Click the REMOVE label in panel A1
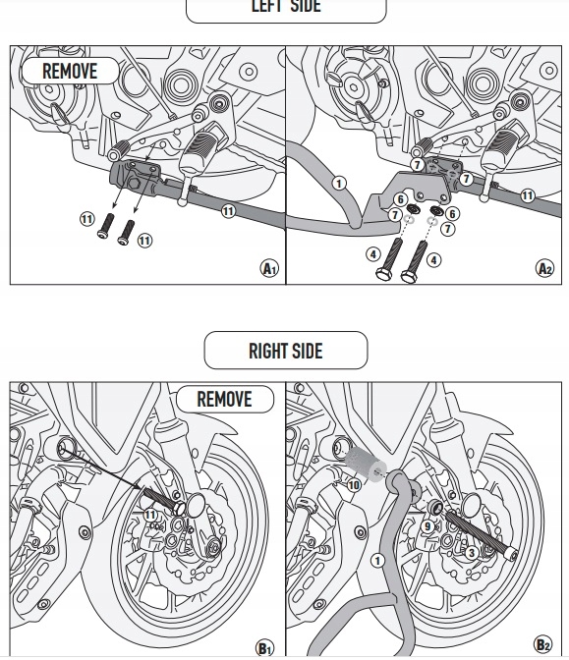click(70, 71)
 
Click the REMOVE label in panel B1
click(224, 399)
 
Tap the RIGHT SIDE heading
click(286, 351)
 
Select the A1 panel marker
click(269, 268)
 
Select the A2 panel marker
click(545, 268)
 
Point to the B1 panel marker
click(264, 648)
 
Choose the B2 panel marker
click(542, 644)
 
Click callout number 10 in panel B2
click(354, 485)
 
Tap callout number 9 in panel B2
click(427, 526)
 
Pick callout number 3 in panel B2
click(472, 553)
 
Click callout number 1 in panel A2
click(339, 184)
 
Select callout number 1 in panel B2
click(377, 561)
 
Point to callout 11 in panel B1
click(150, 515)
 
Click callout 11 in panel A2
click(528, 195)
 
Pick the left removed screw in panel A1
click(106, 226)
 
